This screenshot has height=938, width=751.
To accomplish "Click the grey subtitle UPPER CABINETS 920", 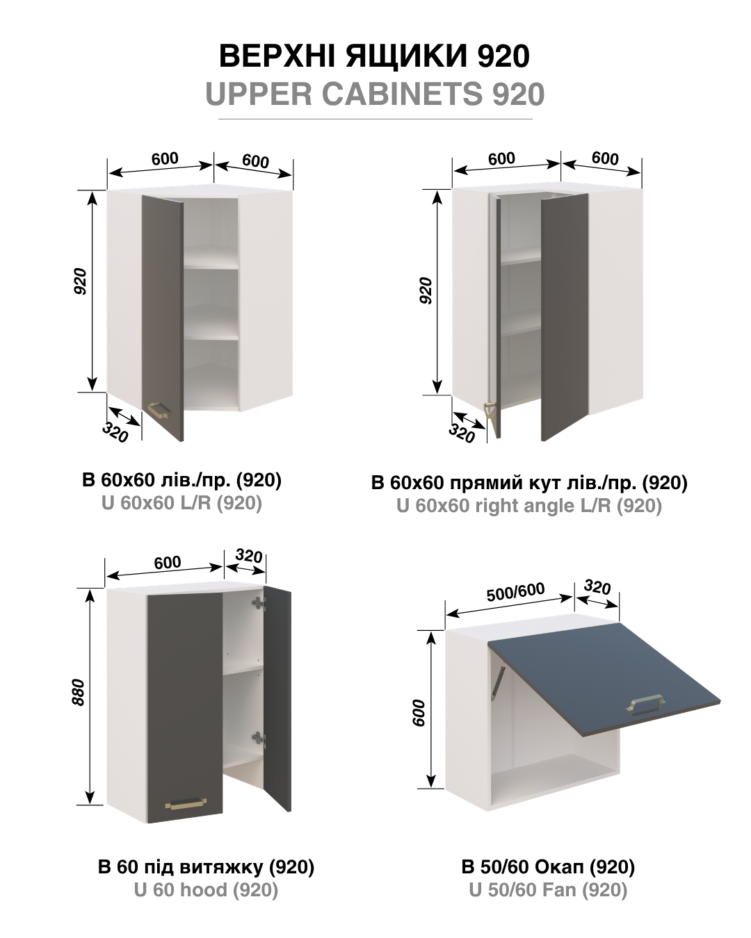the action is pyautogui.click(x=375, y=93).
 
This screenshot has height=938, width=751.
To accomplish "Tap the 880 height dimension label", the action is pyautogui.click(x=78, y=692).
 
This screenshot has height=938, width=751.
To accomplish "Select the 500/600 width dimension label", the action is pyautogui.click(x=515, y=591).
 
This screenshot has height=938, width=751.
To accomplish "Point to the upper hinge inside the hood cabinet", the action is pyautogui.click(x=259, y=602).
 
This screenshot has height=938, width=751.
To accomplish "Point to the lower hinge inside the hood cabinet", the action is pyautogui.click(x=259, y=738).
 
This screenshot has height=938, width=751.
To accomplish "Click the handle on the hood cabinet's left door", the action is pyautogui.click(x=186, y=803).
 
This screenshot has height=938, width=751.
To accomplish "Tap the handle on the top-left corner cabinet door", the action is pyautogui.click(x=159, y=410).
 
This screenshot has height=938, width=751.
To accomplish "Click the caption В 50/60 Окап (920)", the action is pyautogui.click(x=548, y=866).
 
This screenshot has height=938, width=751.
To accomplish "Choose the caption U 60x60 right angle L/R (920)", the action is pyautogui.click(x=529, y=506).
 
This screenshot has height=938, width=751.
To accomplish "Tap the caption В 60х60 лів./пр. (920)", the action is pyautogui.click(x=182, y=480).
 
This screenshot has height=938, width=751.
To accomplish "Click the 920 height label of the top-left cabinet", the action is pyautogui.click(x=81, y=281).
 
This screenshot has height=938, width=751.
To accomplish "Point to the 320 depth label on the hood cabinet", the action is pyautogui.click(x=249, y=556).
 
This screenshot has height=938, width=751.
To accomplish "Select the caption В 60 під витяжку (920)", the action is pyautogui.click(x=206, y=866).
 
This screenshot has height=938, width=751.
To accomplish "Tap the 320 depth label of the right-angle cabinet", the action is pyautogui.click(x=462, y=433).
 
